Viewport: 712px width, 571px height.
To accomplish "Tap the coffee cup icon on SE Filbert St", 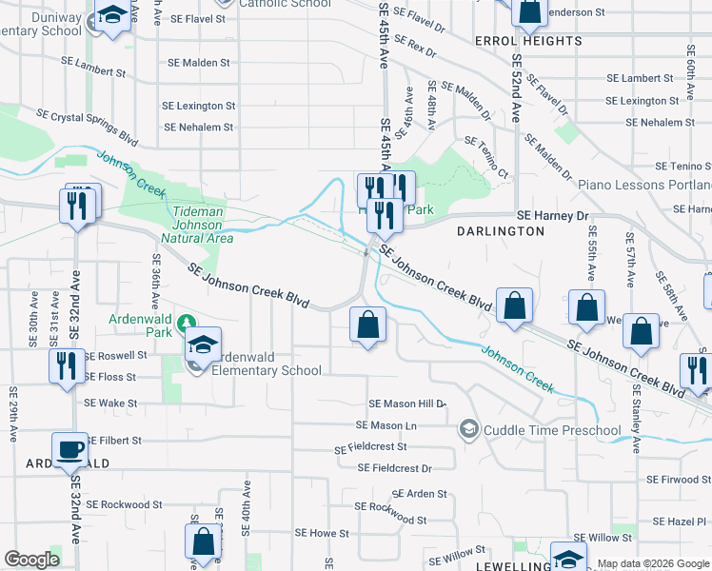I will click(x=69, y=449).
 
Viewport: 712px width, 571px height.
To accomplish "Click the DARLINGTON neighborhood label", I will click(x=500, y=231).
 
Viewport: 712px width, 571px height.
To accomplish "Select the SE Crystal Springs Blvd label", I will click(x=87, y=128).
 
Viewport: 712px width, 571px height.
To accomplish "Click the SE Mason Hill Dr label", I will click(x=406, y=404).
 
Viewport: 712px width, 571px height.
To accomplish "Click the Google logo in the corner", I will click(x=31, y=560).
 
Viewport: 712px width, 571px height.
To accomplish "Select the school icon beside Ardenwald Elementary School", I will click(x=203, y=344).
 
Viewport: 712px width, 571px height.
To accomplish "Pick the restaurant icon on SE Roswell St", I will click(x=66, y=365).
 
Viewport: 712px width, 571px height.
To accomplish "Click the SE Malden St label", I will click(x=198, y=63).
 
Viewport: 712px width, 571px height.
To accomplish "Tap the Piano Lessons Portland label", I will click(x=644, y=185).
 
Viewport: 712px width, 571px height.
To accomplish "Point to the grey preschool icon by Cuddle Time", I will click(x=468, y=430).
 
